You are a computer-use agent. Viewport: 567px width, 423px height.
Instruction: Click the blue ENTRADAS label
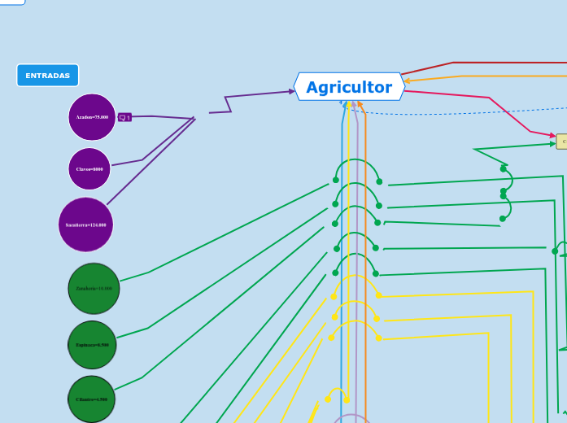click(47, 76)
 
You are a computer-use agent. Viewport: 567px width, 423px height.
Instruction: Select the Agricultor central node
click(349, 87)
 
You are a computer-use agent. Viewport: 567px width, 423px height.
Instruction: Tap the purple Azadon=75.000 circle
click(92, 117)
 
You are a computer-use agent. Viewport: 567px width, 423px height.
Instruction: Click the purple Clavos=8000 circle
click(89, 169)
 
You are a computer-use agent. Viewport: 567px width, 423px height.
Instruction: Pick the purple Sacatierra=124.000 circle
click(85, 225)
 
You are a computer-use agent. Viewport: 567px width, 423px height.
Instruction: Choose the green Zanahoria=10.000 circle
click(94, 288)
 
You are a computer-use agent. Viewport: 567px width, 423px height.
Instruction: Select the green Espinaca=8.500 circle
click(92, 345)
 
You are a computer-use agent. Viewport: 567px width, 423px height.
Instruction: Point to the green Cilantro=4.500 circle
click(91, 399)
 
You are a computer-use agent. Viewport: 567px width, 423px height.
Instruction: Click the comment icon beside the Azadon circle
click(124, 117)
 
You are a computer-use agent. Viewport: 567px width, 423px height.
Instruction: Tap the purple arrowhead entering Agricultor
click(291, 91)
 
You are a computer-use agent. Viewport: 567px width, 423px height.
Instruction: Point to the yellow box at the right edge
click(562, 142)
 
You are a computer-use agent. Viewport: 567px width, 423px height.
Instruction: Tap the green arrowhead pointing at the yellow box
click(552, 144)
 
